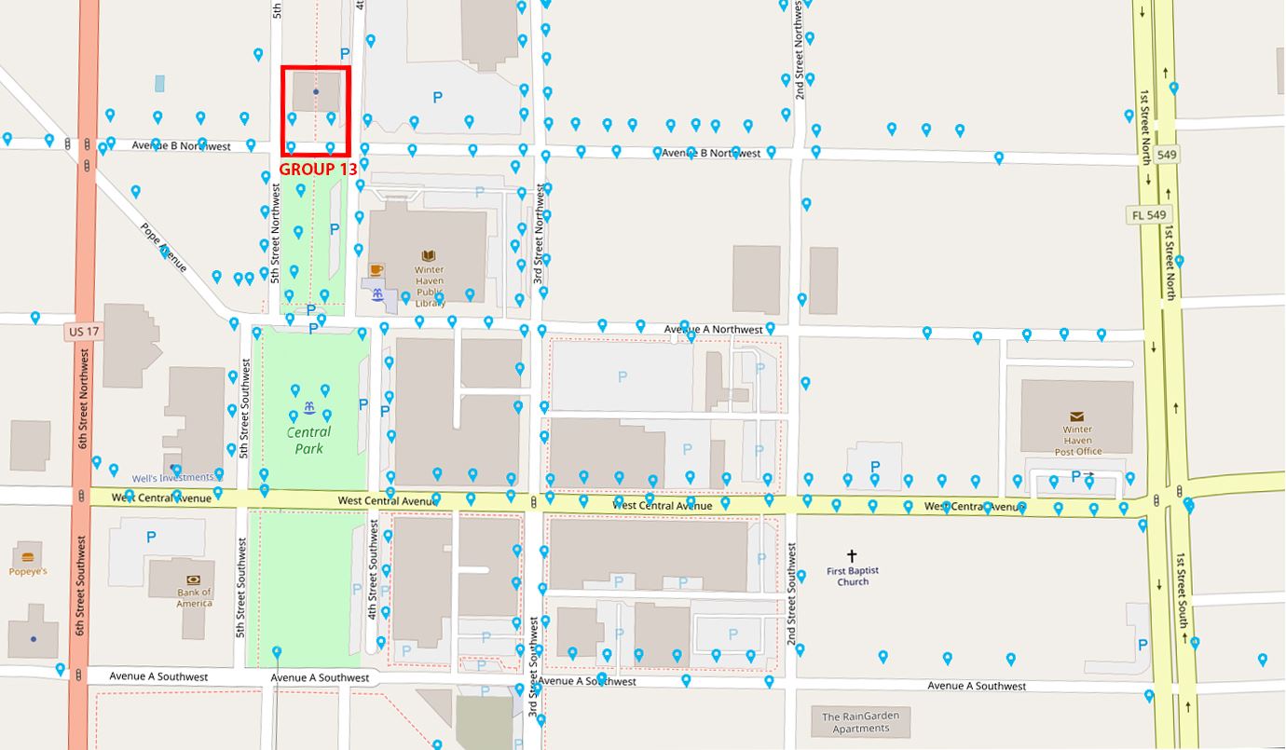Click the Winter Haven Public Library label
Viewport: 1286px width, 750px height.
coord(430,286)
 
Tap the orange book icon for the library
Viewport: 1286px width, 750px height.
coord(429,255)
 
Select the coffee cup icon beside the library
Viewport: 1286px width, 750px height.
coord(376,270)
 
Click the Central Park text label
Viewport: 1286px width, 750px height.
coord(308,440)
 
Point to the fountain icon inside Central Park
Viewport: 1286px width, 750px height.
coord(308,408)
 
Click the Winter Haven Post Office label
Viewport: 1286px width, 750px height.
coord(1078,441)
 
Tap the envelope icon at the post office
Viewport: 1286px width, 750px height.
coord(1077,416)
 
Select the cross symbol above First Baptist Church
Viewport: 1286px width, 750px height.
coord(852,555)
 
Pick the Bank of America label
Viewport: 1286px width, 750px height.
coord(194,597)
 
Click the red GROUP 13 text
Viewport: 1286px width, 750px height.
coord(318,169)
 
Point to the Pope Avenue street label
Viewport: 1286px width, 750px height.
coord(163,247)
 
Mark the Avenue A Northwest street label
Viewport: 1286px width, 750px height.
coord(713,329)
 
